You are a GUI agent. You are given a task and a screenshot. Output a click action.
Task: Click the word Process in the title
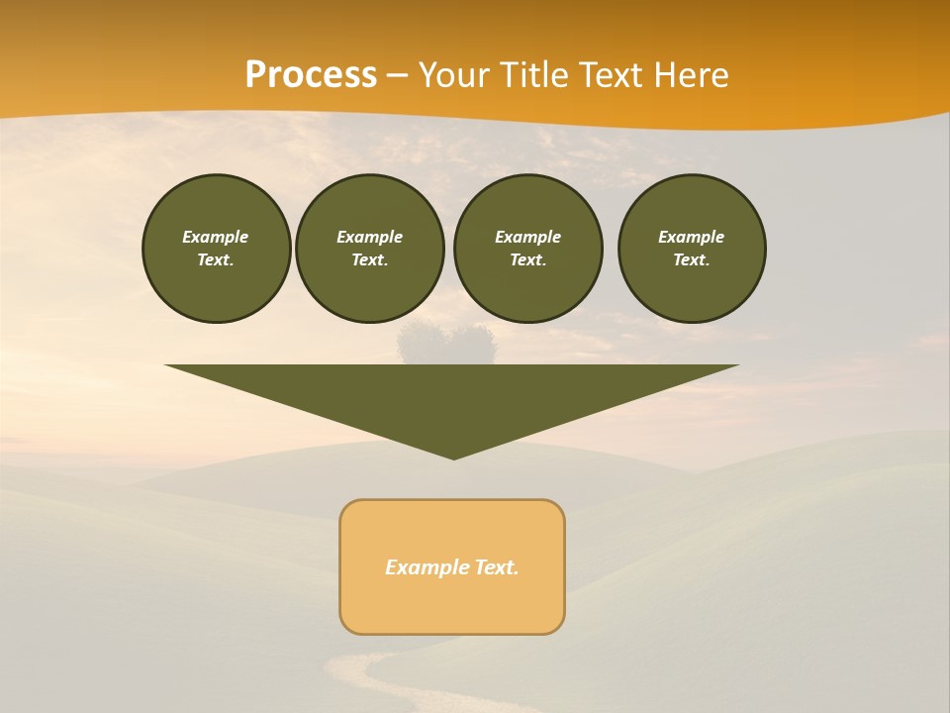pyautogui.click(x=311, y=75)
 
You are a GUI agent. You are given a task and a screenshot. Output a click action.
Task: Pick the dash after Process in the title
pyautogui.click(x=397, y=76)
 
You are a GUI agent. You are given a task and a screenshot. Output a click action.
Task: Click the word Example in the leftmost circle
pyautogui.click(x=215, y=237)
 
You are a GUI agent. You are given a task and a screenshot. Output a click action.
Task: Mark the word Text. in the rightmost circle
pyautogui.click(x=691, y=260)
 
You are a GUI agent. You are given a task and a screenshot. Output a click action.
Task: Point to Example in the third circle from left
pyautogui.click(x=527, y=237)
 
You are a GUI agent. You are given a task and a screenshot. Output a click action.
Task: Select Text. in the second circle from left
pyautogui.click(x=369, y=260)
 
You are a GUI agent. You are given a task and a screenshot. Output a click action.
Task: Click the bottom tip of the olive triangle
pyautogui.click(x=453, y=458)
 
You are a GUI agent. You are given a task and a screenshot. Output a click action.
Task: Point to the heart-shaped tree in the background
pyautogui.click(x=446, y=342)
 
